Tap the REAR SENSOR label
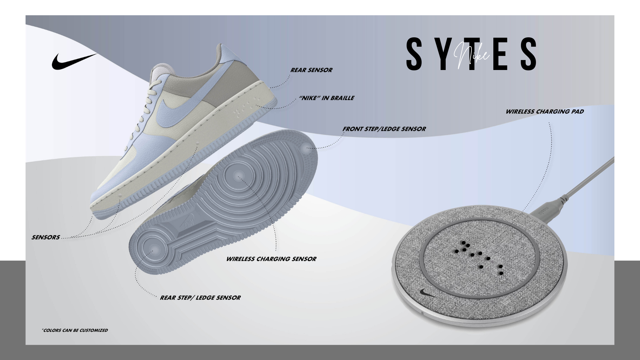311,70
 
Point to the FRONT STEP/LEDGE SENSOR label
384,129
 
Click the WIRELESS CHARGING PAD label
544,112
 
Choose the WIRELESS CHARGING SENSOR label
271,259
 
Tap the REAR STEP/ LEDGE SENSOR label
200,298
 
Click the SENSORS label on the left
46,237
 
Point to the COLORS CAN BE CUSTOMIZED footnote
75,330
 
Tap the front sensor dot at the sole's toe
306,149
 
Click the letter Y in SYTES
442,54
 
